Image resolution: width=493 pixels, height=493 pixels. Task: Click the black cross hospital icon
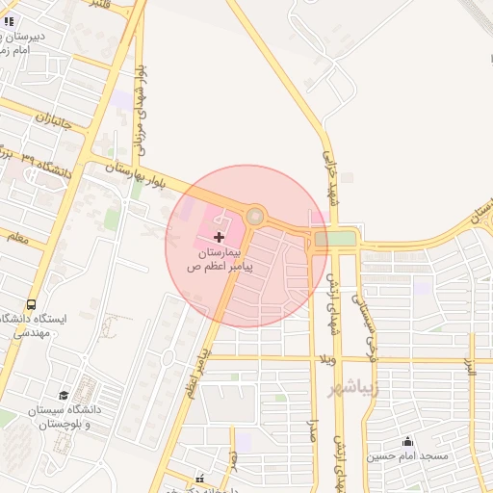tap(219, 236)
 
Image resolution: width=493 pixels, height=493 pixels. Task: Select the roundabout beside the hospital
tap(255, 217)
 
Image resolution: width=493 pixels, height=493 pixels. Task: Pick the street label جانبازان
tap(54, 123)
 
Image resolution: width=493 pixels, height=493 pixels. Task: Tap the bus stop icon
tap(32, 305)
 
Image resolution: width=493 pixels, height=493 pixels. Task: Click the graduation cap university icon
tap(64, 396)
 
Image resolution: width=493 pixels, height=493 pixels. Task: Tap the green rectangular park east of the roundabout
tap(334, 238)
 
